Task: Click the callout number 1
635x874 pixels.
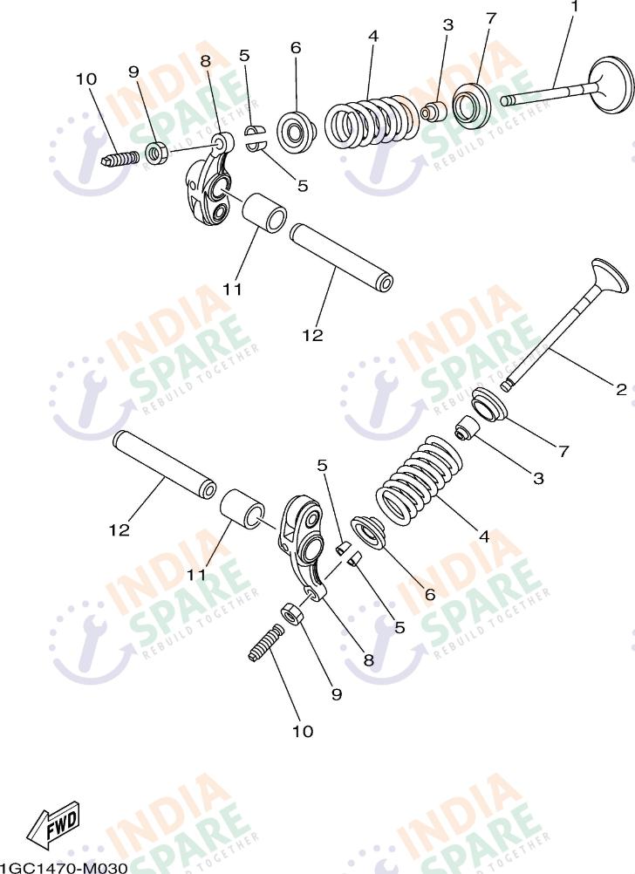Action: (x=574, y=7)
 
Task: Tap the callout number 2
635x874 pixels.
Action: (x=621, y=390)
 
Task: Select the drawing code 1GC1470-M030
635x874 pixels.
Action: (x=64, y=867)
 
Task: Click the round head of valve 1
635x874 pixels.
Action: (x=611, y=85)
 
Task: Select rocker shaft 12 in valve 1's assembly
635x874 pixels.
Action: (x=341, y=257)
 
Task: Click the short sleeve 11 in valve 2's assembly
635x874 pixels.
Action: (x=243, y=508)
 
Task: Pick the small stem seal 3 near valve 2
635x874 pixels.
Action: (x=468, y=427)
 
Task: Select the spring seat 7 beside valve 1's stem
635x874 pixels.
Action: (x=472, y=104)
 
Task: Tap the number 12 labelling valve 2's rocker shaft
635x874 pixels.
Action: (x=119, y=529)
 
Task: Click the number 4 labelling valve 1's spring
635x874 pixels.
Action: (x=373, y=37)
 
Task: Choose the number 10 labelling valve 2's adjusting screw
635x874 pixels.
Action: (x=303, y=731)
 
